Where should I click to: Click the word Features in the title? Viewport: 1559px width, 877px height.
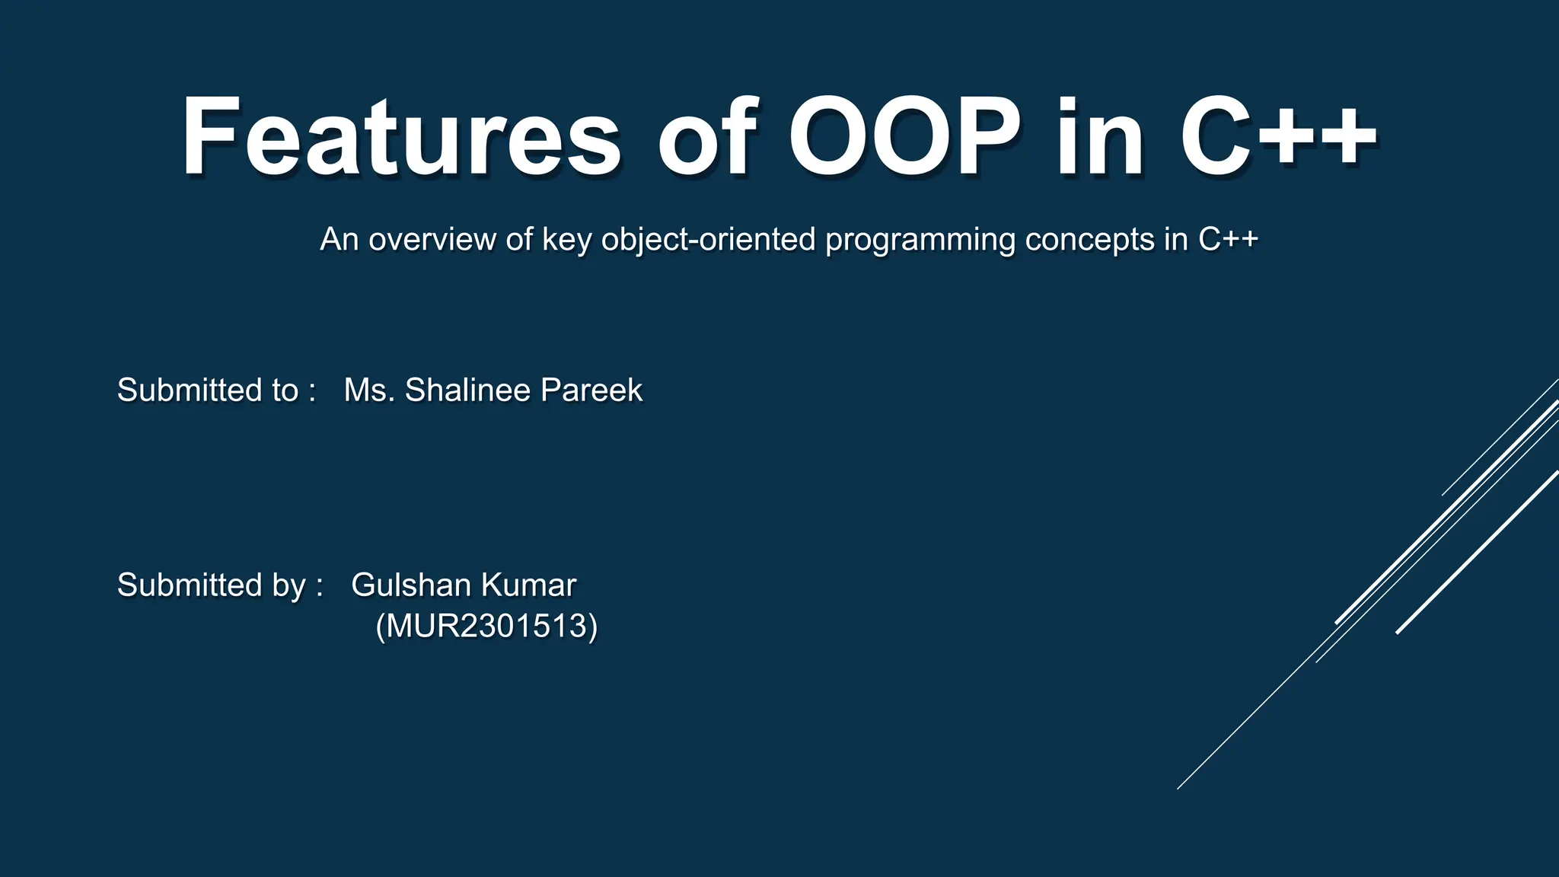point(401,137)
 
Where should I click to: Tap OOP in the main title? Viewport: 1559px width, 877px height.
point(904,137)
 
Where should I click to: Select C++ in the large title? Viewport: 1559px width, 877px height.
point(1279,137)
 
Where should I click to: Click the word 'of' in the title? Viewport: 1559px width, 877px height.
point(707,137)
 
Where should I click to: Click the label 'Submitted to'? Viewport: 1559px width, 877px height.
point(207,390)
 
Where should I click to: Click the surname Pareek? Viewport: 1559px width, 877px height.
point(591,390)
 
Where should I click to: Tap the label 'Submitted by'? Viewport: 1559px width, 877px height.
point(212,585)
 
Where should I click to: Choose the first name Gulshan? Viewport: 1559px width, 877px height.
point(411,585)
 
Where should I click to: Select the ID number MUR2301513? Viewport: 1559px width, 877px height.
point(486,626)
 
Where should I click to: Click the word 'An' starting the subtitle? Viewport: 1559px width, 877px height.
point(339,239)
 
